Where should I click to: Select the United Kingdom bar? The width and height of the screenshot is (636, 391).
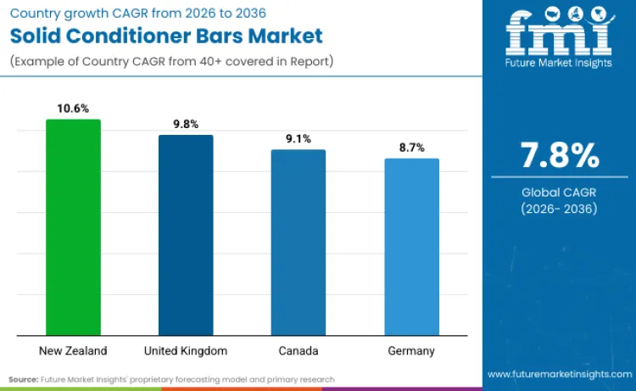click(186, 235)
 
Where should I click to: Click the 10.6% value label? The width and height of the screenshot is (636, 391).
click(73, 109)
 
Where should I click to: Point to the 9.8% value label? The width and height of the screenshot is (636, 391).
click(186, 124)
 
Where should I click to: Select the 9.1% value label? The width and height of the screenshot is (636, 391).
click(298, 138)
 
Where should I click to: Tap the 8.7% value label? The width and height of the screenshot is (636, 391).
click(411, 148)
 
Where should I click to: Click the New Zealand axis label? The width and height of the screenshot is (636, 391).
click(73, 350)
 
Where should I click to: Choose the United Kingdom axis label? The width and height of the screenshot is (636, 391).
click(186, 350)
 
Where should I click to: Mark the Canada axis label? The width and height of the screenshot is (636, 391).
click(298, 350)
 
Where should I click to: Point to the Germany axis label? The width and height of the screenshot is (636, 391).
click(411, 350)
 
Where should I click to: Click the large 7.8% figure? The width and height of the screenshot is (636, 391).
click(560, 157)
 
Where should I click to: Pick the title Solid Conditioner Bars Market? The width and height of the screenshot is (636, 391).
click(166, 36)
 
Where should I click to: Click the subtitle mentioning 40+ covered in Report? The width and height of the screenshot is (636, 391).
click(170, 61)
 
